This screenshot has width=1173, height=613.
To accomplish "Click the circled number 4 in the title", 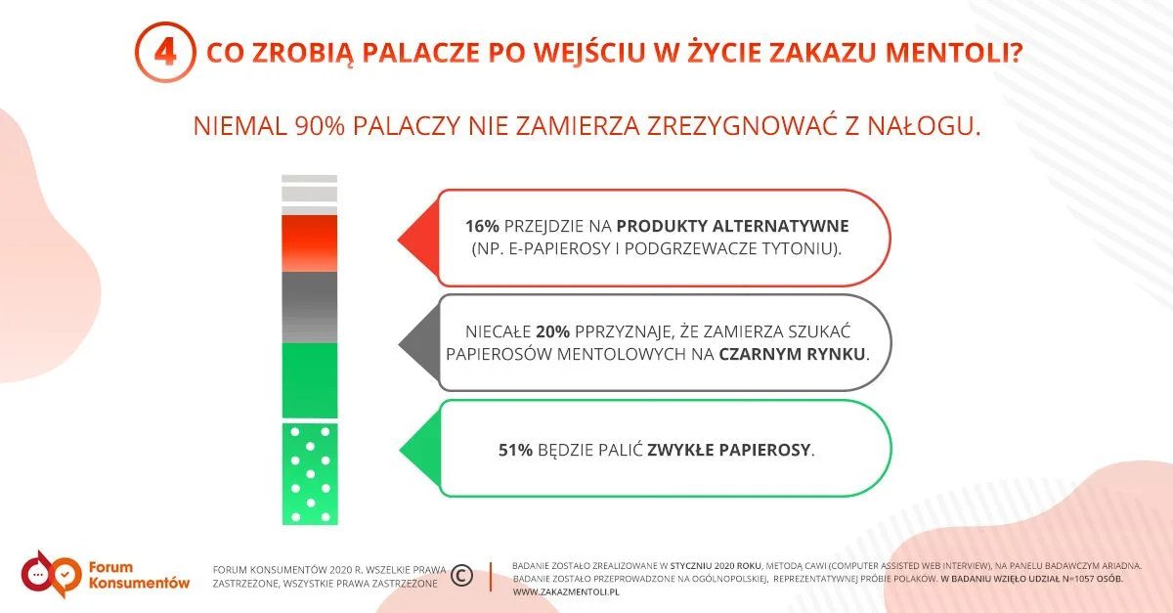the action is pyautogui.click(x=165, y=53).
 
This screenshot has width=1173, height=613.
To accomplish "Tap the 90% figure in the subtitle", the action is pyautogui.click(x=320, y=126).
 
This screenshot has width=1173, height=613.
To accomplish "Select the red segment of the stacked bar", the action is pyautogui.click(x=310, y=243).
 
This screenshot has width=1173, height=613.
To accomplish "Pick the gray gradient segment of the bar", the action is pyautogui.click(x=310, y=307).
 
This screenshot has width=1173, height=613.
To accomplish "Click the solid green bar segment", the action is pyautogui.click(x=310, y=380).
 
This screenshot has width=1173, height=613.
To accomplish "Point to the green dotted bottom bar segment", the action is pyautogui.click(x=310, y=473).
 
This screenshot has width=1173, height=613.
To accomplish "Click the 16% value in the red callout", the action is pyautogui.click(x=482, y=226).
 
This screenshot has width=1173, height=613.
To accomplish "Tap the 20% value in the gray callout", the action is pyautogui.click(x=553, y=331).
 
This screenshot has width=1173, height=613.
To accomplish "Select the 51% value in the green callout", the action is pyautogui.click(x=515, y=450).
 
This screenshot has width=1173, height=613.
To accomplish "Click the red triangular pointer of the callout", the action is pyautogui.click(x=418, y=239).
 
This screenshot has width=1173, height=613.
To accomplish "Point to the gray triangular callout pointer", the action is pyautogui.click(x=419, y=344).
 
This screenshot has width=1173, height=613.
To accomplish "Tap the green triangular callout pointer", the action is pyautogui.click(x=420, y=449).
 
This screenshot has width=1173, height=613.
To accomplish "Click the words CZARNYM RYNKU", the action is pyautogui.click(x=792, y=354).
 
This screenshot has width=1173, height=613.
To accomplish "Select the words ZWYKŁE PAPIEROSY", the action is pyautogui.click(x=729, y=450).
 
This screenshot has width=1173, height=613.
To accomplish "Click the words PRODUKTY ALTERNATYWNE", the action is pyautogui.click(x=732, y=226).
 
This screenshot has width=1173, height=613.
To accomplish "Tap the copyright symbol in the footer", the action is pyautogui.click(x=461, y=575).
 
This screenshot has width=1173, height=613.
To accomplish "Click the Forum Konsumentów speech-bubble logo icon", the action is pyautogui.click(x=51, y=575).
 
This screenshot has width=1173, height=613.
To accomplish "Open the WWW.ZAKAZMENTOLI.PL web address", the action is pyautogui.click(x=566, y=592).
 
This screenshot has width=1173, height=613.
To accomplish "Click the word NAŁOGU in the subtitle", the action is pyautogui.click(x=924, y=126).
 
